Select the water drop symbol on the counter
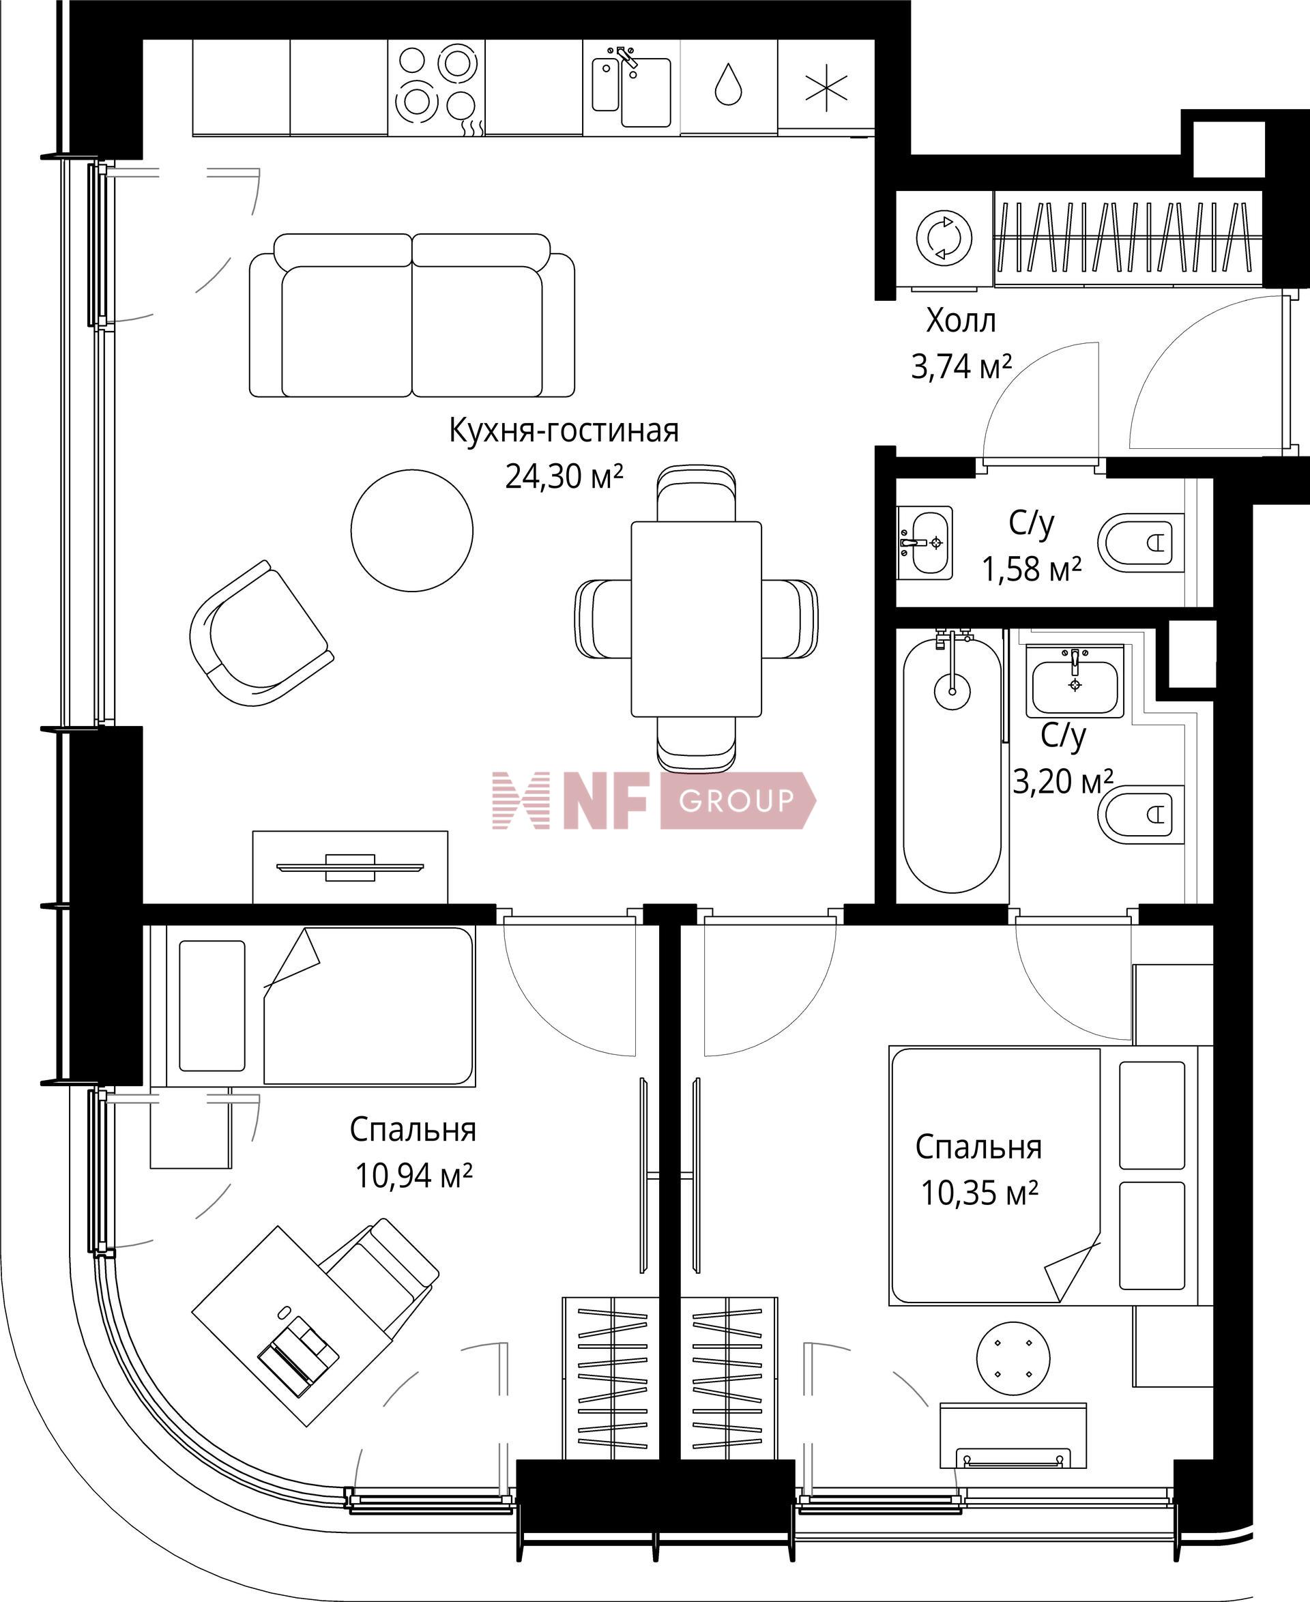tap(728, 84)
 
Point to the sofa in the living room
tap(412, 315)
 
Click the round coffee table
tap(412, 529)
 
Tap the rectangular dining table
tap(696, 619)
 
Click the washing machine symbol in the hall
tap(943, 238)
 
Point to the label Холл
tap(961, 321)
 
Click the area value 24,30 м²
tap(564, 476)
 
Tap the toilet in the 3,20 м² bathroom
tap(1140, 815)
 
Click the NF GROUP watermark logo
tap(654, 800)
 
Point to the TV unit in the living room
tap(350, 867)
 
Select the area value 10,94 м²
tap(413, 1176)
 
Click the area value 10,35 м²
tap(980, 1193)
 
